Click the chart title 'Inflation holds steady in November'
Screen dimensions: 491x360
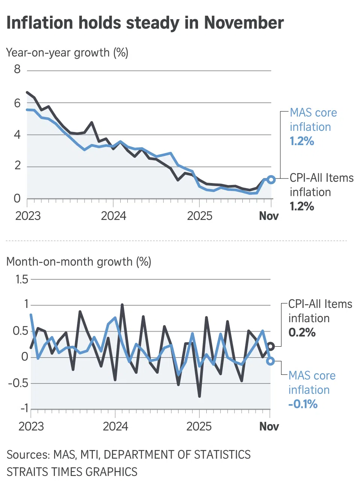pos(145,23)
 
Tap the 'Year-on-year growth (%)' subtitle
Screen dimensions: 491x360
pos(67,53)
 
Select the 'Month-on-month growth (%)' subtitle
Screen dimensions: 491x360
pos(79,262)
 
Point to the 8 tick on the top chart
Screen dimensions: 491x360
pos(17,70)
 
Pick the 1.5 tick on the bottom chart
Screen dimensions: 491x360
pos(22,279)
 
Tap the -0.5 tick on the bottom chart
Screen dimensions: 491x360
pos(18,383)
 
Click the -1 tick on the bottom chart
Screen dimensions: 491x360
pos(24,408)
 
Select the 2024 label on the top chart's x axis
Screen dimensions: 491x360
pos(113,216)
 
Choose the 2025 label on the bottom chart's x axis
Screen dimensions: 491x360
pos(199,427)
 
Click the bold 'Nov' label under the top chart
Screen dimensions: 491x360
pos(269,216)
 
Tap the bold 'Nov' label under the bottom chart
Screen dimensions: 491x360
pos(269,427)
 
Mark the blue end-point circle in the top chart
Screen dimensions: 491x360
pos(271,180)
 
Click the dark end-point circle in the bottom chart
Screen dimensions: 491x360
pos(271,346)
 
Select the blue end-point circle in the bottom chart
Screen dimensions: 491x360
pos(270,361)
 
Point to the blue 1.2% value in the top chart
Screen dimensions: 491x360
pos(302,141)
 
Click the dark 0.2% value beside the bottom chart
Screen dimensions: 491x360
pos(302,333)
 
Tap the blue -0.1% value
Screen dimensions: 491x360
pos(303,405)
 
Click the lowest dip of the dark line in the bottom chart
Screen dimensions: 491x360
pos(199,396)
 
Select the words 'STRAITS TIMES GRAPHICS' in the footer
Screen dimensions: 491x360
pos(72,472)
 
